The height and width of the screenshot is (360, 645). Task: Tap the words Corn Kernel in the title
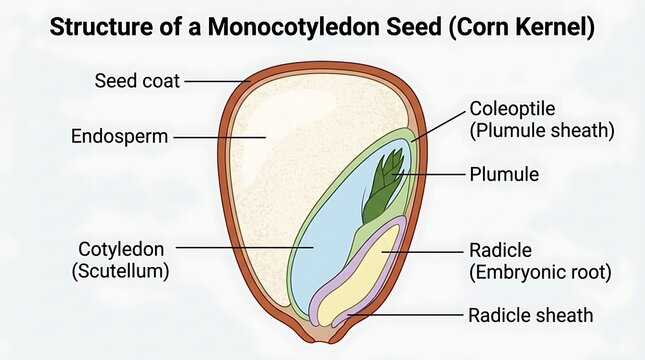coord(521,27)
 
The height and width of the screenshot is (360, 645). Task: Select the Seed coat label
coord(137,81)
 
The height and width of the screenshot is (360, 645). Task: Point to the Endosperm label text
coord(120,137)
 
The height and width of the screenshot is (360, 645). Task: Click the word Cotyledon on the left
coord(121,249)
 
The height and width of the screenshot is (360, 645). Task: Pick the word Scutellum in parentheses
coord(121,271)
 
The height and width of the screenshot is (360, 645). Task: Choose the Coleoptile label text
coord(513,109)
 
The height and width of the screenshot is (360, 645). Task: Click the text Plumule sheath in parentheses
coord(542,131)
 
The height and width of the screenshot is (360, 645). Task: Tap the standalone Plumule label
coord(504,174)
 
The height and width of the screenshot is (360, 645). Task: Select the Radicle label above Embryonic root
coord(501,250)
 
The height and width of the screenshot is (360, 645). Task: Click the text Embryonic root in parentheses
coord(541,272)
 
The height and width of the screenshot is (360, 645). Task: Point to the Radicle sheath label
coord(531,316)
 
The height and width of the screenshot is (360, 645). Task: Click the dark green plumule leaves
coord(383,185)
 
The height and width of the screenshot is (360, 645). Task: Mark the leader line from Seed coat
coord(218,81)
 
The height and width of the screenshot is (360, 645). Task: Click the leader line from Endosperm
coord(219,137)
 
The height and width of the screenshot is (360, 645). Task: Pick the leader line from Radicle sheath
coord(405,315)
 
